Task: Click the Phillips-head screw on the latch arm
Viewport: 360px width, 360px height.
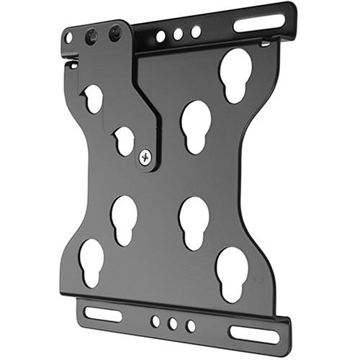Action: pos(145,157)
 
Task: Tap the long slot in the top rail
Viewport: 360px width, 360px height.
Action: pos(258,23)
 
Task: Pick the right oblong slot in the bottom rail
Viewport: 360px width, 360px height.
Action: pos(253,333)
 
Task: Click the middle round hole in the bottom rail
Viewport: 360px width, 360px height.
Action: pos(172,323)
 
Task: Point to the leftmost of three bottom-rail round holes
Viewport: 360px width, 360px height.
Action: pos(156,321)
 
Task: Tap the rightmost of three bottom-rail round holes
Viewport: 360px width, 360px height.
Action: pos(190,326)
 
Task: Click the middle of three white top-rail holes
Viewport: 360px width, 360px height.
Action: pos(178,34)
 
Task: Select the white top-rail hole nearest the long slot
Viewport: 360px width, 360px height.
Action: pos(196,32)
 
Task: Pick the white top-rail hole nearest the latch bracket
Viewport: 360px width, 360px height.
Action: pos(161,36)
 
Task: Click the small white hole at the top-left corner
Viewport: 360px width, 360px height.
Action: pos(68,37)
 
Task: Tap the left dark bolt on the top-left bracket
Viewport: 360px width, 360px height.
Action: pos(91,35)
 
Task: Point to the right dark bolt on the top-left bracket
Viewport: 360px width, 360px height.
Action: pos(114,32)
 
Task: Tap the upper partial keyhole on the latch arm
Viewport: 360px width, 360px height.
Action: pos(94,98)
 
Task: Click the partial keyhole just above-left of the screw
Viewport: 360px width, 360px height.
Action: pos(124,140)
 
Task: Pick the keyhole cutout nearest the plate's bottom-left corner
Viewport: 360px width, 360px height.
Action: pos(91,261)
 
